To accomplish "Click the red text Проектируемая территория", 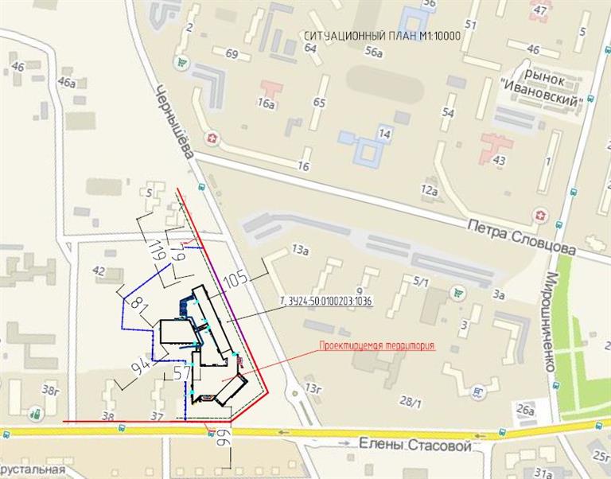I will pos(377,346).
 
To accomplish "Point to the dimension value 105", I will pos(235,280).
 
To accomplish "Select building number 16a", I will pos(266,103).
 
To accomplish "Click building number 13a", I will pos(299,249).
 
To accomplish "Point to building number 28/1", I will pos(411,403).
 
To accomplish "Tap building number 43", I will pos(500,161).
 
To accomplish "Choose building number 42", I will pos(99,271).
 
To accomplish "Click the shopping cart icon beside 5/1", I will pos(457,292).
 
